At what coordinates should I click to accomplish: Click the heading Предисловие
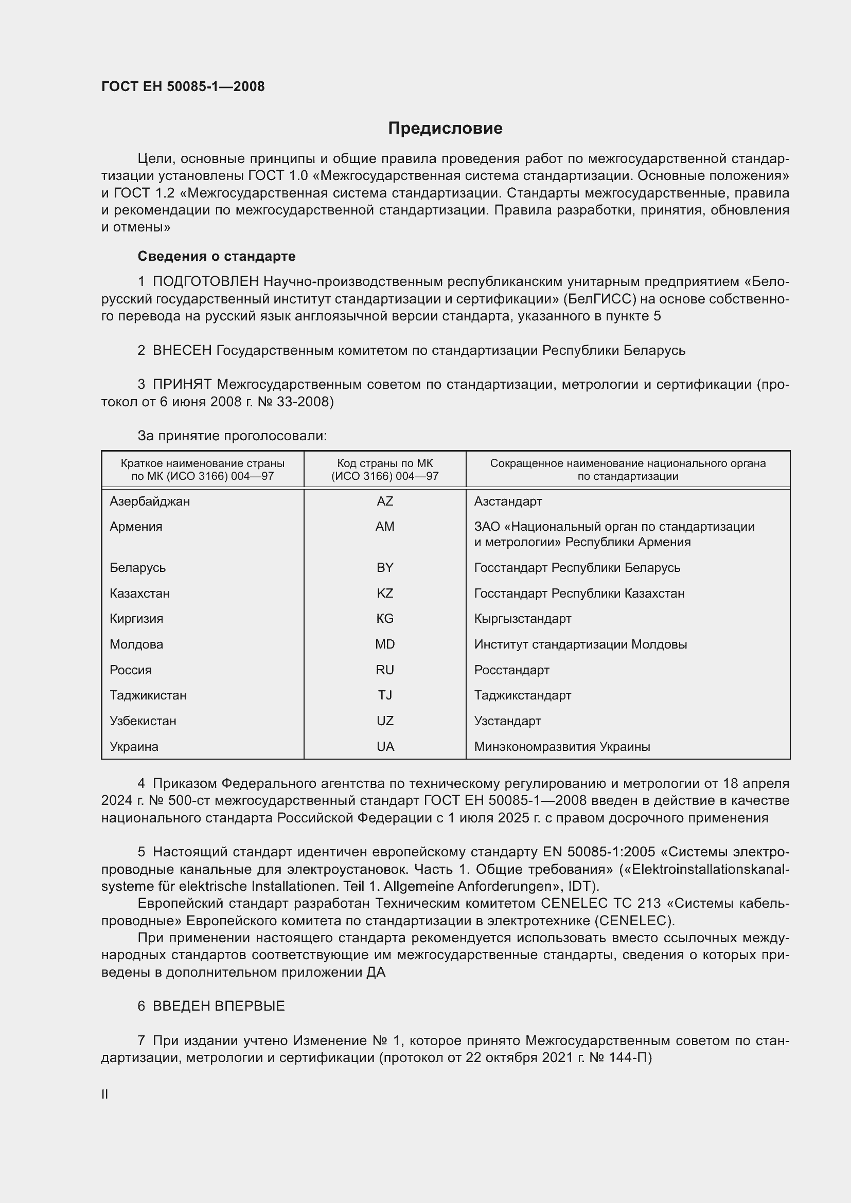[445, 129]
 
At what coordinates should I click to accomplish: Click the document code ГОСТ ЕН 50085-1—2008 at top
[183, 87]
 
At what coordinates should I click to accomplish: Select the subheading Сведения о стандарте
[217, 256]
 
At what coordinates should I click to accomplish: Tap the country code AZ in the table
[385, 501]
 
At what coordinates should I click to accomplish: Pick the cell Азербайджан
[150, 501]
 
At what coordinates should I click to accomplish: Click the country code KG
[385, 618]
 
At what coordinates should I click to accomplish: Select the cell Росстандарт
[511, 670]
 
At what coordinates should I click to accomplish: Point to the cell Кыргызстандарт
[522, 618]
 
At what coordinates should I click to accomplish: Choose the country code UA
[385, 747]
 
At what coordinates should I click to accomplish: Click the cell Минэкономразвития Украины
[562, 747]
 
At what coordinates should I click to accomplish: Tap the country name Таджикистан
[148, 695]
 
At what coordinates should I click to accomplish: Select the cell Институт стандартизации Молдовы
[580, 644]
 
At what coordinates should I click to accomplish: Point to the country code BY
[385, 567]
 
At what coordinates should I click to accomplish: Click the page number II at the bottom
[105, 1094]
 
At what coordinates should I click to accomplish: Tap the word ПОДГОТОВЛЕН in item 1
[205, 282]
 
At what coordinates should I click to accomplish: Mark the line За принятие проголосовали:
[232, 436]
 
